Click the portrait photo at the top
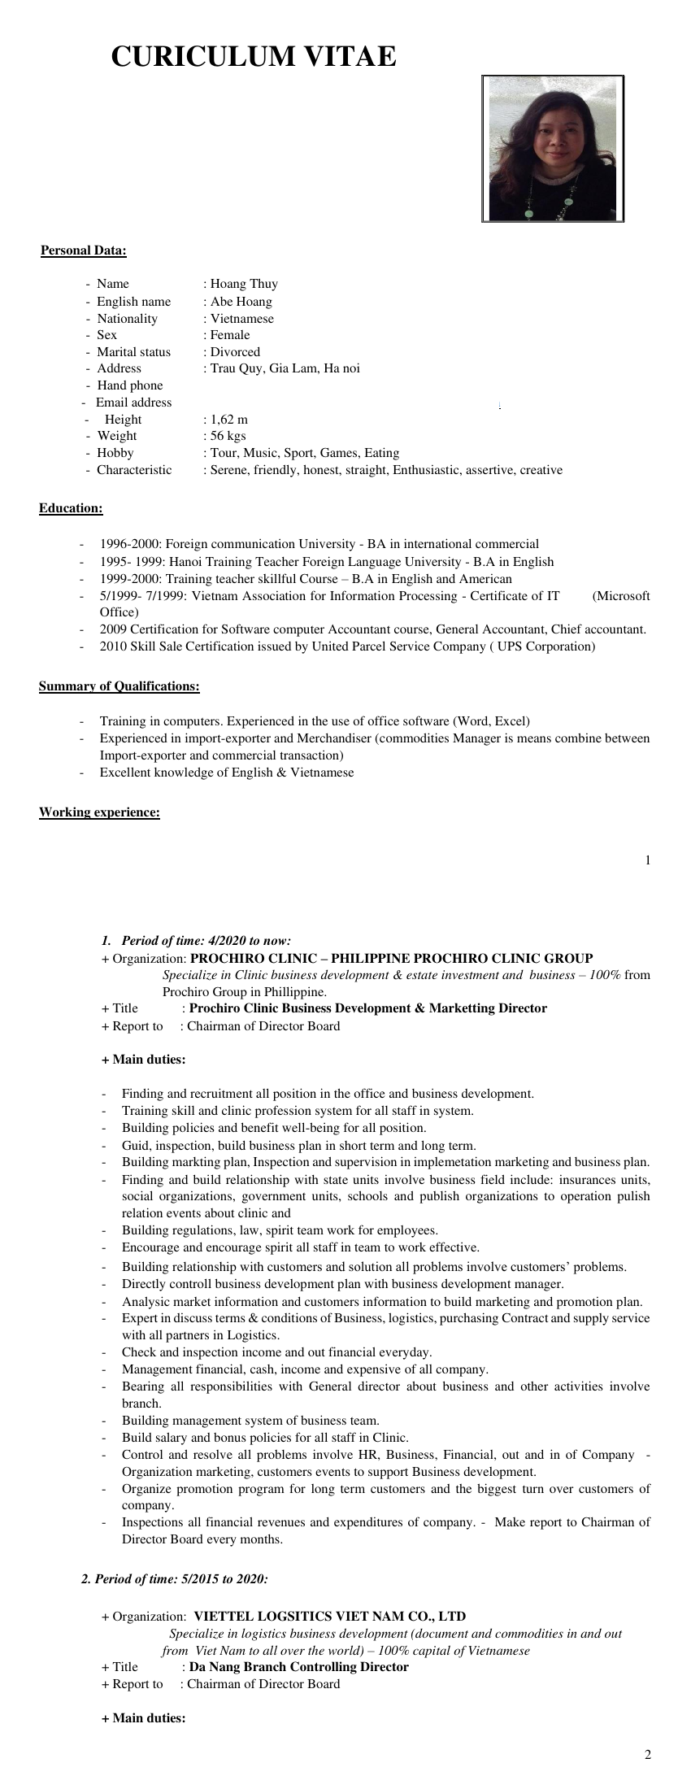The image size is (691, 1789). tap(553, 148)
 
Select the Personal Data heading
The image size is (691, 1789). tap(84, 250)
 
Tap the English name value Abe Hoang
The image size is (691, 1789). tap(241, 302)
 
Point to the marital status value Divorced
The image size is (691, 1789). tap(235, 352)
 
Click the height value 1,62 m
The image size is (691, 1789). tap(229, 420)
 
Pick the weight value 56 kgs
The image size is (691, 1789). tap(228, 436)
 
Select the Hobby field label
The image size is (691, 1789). tap(115, 453)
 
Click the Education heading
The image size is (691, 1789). tap(71, 509)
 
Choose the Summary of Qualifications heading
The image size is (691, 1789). tap(120, 686)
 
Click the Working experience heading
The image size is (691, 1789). tap(99, 812)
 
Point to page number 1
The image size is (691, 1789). tap(648, 860)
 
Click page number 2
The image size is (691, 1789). tap(648, 1755)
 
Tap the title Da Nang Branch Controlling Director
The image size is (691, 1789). tap(298, 1667)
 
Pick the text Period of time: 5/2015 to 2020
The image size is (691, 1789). tap(181, 1579)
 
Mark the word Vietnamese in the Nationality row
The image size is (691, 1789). tap(241, 319)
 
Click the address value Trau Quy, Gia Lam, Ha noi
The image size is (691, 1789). tap(285, 368)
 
